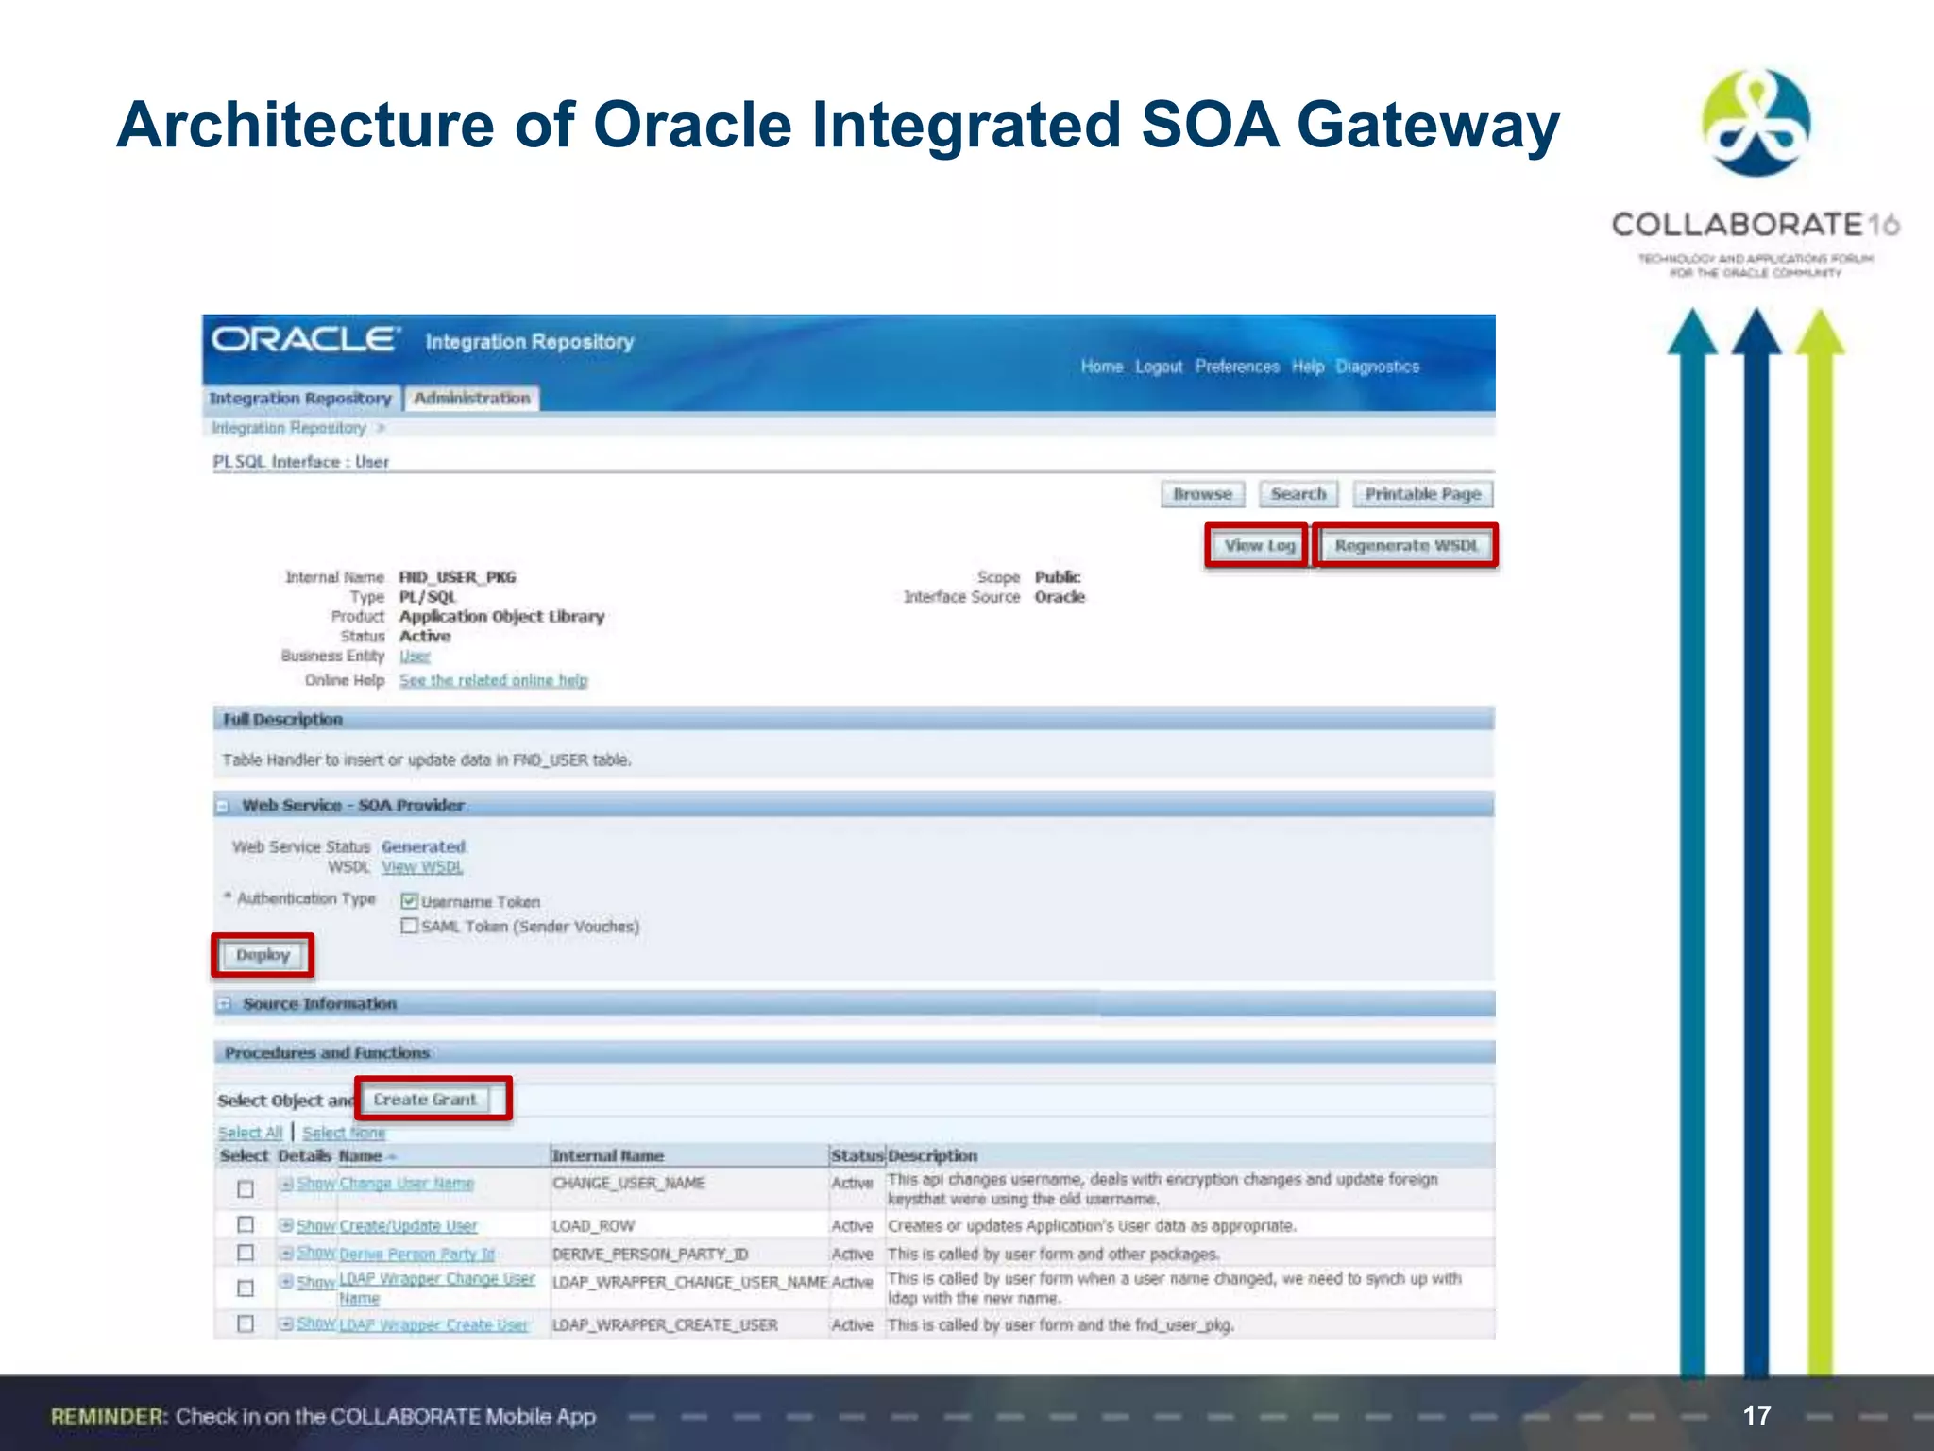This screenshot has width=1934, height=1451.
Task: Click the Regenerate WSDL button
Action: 1405,546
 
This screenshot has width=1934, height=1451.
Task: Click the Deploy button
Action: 263,955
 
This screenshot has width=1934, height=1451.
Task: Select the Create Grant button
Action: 425,1100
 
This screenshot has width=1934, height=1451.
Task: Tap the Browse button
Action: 1202,494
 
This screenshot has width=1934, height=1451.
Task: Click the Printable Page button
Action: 1422,494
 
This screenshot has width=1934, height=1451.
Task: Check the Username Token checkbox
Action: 409,901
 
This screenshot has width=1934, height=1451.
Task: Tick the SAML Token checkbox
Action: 409,926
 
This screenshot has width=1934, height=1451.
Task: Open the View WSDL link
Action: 422,867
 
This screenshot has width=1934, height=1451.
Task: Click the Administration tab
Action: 472,399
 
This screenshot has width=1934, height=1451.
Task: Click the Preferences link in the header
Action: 1237,367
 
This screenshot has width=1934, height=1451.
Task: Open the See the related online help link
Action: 493,680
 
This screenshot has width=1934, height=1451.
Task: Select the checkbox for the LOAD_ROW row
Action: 246,1224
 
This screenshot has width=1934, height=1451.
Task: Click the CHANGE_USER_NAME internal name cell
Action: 629,1184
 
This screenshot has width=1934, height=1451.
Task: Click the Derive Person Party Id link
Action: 416,1255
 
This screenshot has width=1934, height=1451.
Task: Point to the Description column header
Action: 933,1155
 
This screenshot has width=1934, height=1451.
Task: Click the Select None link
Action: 344,1133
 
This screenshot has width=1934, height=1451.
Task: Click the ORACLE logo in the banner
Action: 304,339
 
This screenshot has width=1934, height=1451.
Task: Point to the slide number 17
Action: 1756,1415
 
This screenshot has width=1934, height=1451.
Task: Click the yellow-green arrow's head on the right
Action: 1820,333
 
